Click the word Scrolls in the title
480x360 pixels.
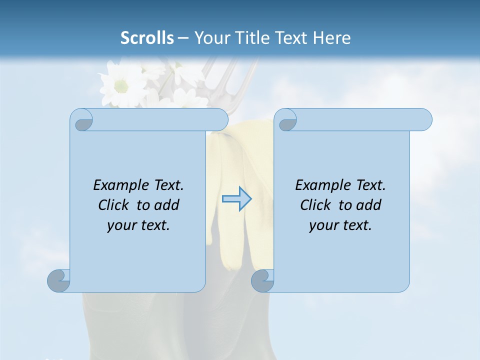tap(147, 37)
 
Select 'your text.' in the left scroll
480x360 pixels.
tap(138, 225)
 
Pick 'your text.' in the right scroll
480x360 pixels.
tap(340, 225)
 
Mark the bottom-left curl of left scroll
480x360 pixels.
tap(58, 280)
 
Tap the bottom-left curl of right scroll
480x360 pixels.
tap(262, 280)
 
